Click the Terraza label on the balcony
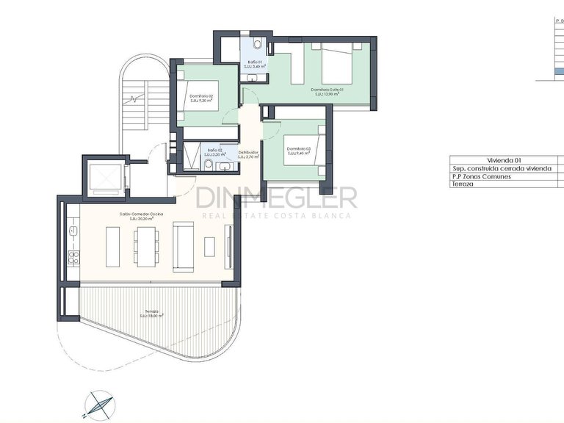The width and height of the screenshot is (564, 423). pyautogui.click(x=152, y=314)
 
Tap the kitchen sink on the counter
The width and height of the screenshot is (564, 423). pyautogui.click(x=73, y=230)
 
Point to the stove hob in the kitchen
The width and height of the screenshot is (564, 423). pyautogui.click(x=73, y=257)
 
